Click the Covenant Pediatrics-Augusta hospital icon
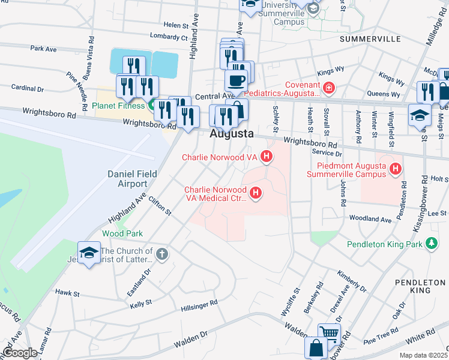(328, 89)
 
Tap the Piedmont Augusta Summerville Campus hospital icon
(395, 170)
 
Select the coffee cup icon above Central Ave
(236, 80)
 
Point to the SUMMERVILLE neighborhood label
(370, 38)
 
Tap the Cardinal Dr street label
(28, 88)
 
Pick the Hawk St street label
(67, 293)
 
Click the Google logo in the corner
(20, 353)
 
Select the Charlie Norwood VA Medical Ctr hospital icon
(256, 193)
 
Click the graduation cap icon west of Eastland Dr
(89, 251)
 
